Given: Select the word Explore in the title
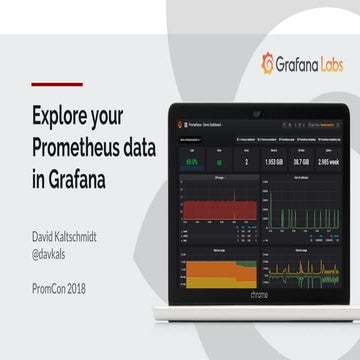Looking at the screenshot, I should tap(62, 111).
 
